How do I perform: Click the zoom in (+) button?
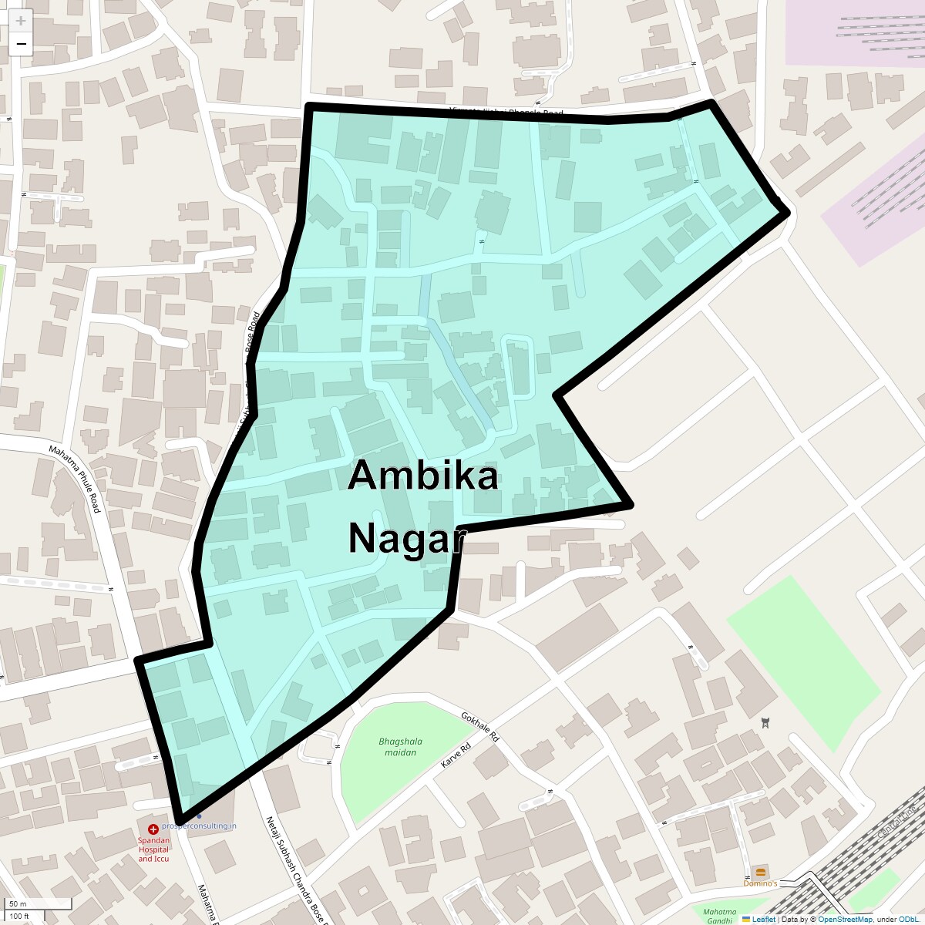[x=21, y=21]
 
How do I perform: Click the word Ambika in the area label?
[x=422, y=476]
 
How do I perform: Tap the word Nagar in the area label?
[x=405, y=537]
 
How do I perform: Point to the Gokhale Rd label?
[x=480, y=727]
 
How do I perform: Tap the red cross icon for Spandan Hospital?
[x=153, y=829]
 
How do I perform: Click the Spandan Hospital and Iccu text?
[x=153, y=848]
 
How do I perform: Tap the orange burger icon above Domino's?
[x=761, y=872]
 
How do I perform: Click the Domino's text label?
[x=760, y=883]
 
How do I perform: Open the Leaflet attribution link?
[x=762, y=919]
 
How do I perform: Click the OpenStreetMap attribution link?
[x=846, y=919]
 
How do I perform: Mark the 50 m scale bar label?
[x=18, y=904]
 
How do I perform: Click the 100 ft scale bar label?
[x=19, y=917]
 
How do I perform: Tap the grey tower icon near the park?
[x=765, y=722]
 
